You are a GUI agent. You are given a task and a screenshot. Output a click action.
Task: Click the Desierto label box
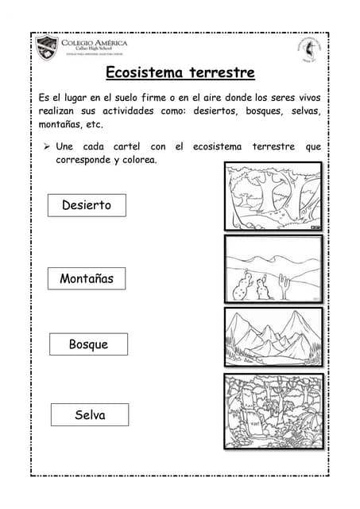87,205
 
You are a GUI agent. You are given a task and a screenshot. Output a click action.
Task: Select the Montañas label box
87,278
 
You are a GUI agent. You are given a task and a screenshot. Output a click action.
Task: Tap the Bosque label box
88,344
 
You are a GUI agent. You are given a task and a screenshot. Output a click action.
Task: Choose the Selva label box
90,414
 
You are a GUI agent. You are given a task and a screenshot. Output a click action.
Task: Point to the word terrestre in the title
222,73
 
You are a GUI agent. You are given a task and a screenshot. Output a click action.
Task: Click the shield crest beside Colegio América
46,49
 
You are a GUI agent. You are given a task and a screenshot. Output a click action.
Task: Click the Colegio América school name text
89,42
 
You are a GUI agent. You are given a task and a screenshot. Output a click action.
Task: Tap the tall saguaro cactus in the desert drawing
284,286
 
